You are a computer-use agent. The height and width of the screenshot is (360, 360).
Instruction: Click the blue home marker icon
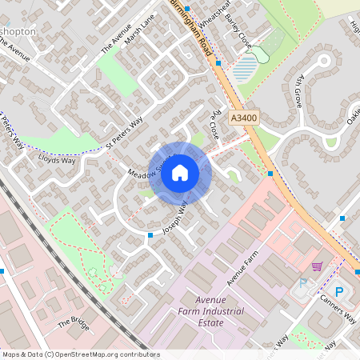click(x=180, y=173)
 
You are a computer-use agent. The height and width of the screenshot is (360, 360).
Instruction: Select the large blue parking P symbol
click(x=338, y=292)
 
